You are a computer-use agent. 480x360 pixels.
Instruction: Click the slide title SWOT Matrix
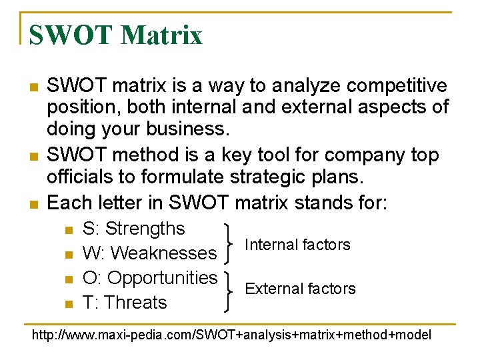click(115, 35)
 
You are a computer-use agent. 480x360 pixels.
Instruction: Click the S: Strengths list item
click(133, 229)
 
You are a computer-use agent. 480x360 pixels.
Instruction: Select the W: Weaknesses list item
click(149, 253)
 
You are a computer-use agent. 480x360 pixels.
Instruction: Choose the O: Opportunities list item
click(150, 277)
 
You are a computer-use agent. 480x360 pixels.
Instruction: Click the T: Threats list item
click(124, 302)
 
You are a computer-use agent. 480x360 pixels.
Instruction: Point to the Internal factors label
click(297, 245)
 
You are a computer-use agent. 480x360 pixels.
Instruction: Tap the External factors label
click(300, 289)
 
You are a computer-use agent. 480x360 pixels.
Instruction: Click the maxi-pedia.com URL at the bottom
click(231, 335)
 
